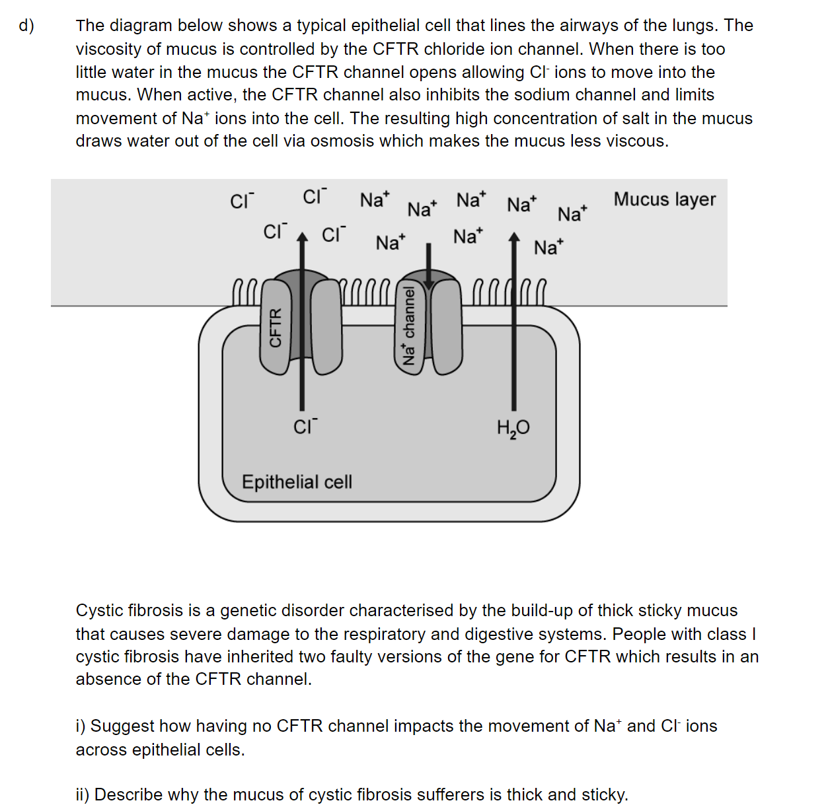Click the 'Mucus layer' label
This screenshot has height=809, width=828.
664,199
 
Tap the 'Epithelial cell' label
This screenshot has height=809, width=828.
297,482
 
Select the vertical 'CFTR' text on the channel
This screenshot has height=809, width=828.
276,328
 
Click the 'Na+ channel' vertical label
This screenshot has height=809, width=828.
410,325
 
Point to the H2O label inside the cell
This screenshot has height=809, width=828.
513,429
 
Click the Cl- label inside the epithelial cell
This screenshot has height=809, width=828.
305,427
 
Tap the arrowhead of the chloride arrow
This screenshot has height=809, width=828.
302,237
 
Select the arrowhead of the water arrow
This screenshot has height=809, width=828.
514,237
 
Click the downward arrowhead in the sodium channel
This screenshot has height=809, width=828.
429,284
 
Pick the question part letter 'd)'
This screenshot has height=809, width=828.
26,26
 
